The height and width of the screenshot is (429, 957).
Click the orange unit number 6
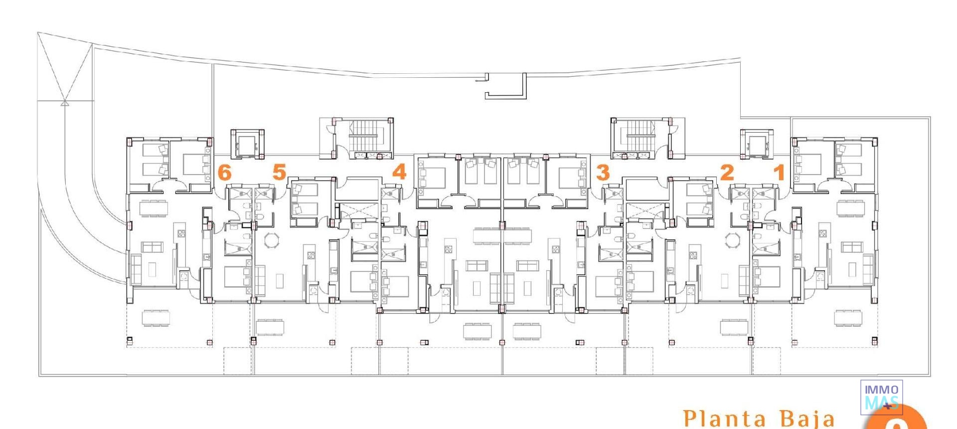click(x=225, y=173)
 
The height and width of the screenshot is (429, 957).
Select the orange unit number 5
click(x=279, y=172)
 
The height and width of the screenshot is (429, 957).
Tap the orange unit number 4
click(x=399, y=172)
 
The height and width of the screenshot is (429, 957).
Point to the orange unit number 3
click(x=603, y=173)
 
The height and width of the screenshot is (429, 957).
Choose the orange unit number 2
click(x=727, y=173)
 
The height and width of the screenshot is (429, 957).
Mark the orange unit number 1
click(x=779, y=173)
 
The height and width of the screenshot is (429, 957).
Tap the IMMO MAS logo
click(x=881, y=397)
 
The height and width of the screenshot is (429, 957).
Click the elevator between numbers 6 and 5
click(x=247, y=144)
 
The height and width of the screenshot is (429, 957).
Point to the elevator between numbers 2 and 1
click(x=757, y=144)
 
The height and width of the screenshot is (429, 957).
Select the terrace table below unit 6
click(x=156, y=318)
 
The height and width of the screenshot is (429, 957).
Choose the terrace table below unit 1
click(x=848, y=318)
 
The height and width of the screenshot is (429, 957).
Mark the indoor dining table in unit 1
click(x=851, y=208)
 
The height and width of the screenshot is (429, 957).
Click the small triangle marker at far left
click(x=64, y=103)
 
